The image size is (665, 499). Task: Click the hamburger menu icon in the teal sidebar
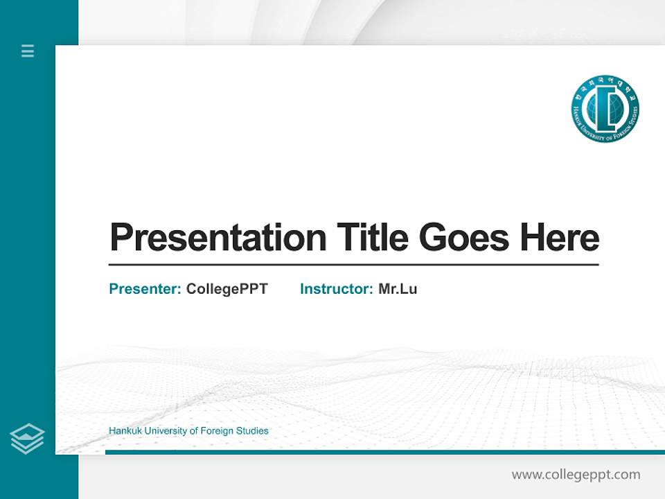(28, 51)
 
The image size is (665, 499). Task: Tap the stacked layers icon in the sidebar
(27, 439)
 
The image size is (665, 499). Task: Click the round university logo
(605, 110)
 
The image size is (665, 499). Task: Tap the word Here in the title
(559, 237)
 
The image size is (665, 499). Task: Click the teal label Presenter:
(145, 289)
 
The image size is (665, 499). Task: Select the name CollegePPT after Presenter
(227, 289)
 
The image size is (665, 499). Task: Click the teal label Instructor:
(336, 289)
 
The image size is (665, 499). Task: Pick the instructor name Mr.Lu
(398, 289)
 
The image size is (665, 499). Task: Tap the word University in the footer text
(165, 431)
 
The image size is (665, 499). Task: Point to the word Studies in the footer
(252, 431)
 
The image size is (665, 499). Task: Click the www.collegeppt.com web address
(576, 475)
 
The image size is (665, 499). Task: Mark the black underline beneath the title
(353, 265)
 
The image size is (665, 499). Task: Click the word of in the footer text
(193, 431)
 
